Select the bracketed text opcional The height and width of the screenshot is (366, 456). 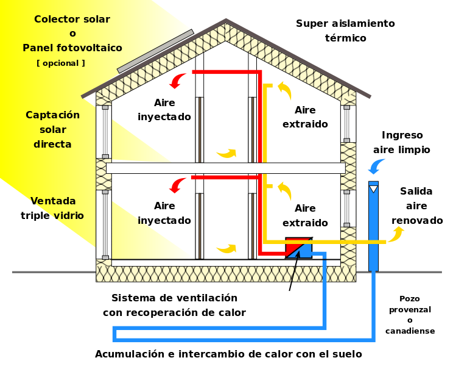[x=61, y=63]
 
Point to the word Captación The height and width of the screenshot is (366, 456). [x=52, y=115]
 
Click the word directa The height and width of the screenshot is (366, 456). [x=52, y=145]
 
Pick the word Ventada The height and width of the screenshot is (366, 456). [x=53, y=201]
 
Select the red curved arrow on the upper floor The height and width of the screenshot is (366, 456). [x=177, y=81]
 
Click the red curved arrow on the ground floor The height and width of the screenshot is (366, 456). [x=177, y=185]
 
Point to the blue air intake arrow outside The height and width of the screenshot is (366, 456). [x=377, y=165]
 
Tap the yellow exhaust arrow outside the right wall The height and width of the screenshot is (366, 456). [x=396, y=234]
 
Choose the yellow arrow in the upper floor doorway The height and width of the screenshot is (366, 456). [x=226, y=153]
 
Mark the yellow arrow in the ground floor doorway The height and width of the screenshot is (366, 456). [x=226, y=248]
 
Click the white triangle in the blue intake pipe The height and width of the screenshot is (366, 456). [x=373, y=189]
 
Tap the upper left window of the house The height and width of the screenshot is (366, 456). [x=103, y=132]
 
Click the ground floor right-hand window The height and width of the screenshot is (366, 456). [x=348, y=208]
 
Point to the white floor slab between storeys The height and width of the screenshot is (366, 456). [x=225, y=168]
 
